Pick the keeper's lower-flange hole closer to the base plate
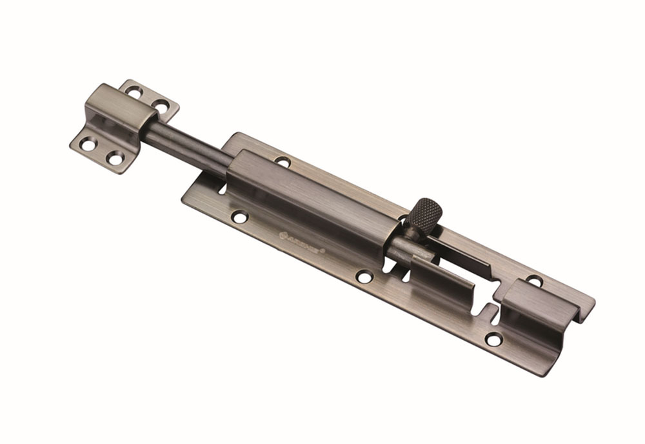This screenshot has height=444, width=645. coord(115,157)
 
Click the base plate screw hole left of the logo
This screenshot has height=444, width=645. coord(240,217)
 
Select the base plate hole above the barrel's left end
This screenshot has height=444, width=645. coord(282,161)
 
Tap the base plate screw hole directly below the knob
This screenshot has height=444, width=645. coord(364,277)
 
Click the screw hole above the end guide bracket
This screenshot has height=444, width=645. coord(534,281)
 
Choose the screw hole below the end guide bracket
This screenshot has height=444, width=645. coord(493,339)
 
